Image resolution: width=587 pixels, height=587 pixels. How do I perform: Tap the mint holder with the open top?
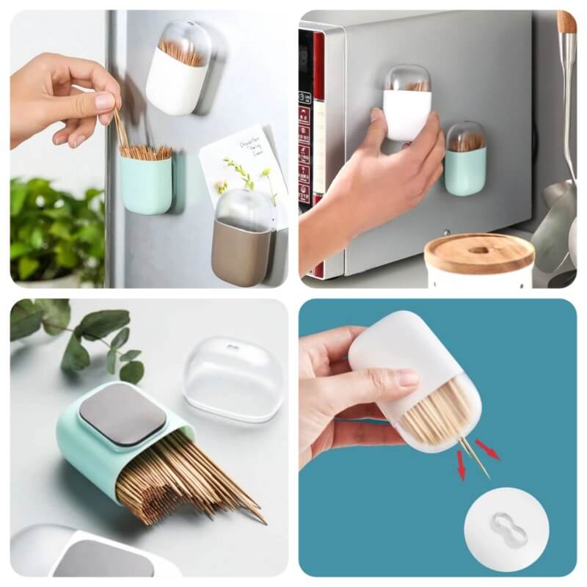point(145,183)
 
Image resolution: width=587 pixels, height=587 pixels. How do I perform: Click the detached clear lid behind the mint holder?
point(232,378)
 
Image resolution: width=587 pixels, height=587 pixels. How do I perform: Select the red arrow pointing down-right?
point(487,449)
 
